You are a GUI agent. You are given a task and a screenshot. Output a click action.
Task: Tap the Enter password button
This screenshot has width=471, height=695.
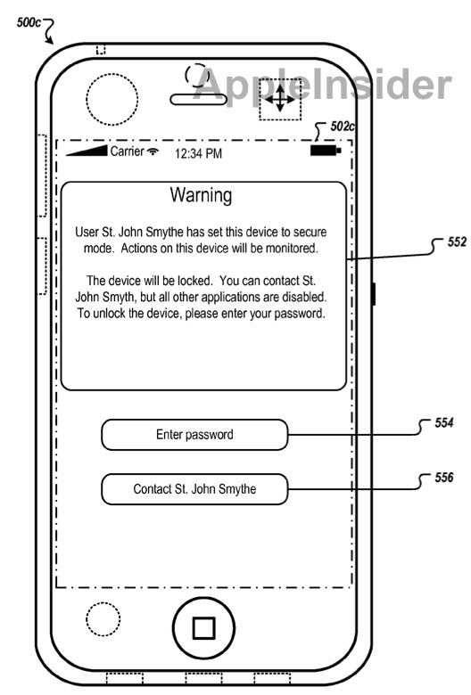pyautogui.click(x=194, y=435)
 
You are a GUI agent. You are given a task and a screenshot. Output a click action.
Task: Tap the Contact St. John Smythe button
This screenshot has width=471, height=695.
pyautogui.click(x=194, y=489)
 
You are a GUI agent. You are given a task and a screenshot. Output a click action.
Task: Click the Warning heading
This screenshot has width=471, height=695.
pyautogui.click(x=201, y=195)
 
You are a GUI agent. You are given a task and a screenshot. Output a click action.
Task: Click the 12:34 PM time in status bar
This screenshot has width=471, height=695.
pyautogui.click(x=198, y=154)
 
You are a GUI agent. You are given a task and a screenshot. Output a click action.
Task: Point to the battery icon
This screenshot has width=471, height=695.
pyautogui.click(x=326, y=151)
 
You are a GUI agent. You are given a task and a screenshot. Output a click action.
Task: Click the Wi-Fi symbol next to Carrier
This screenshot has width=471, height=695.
pyautogui.click(x=153, y=151)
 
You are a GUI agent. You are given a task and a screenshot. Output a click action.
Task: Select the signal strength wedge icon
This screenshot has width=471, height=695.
pyautogui.click(x=87, y=151)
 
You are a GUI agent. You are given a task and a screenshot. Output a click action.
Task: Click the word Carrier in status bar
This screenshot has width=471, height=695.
pyautogui.click(x=127, y=151)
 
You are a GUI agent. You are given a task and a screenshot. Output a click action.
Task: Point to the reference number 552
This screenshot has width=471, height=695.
pyautogui.click(x=458, y=241)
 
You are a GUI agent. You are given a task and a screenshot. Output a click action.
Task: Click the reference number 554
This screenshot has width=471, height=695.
pyautogui.click(x=444, y=422)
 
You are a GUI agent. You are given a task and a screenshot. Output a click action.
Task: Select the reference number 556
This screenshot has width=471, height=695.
pyautogui.click(x=444, y=478)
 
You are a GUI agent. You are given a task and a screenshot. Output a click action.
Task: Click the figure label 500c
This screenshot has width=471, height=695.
pyautogui.click(x=29, y=22)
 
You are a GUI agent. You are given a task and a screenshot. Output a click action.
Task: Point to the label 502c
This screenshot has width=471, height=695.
pyautogui.click(x=343, y=127)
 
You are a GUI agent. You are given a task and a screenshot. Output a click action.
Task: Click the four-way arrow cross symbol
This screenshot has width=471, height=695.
pyautogui.click(x=280, y=99)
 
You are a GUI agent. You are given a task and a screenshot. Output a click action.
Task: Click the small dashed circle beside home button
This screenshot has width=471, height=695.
pyautogui.click(x=103, y=619)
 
